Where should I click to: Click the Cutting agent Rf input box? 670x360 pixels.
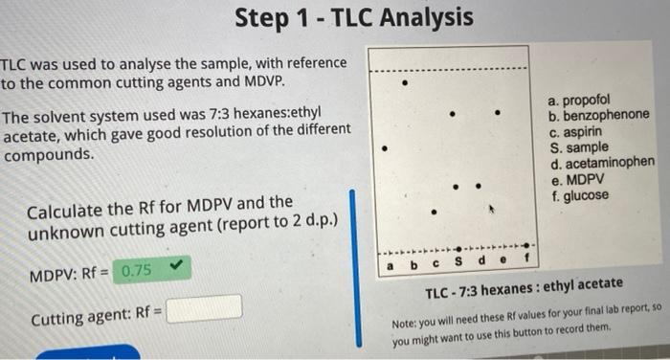204,308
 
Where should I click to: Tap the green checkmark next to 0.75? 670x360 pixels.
173,267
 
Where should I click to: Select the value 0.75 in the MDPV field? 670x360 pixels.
137,270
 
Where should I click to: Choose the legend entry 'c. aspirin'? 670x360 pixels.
579,132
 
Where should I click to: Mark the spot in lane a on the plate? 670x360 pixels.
384,149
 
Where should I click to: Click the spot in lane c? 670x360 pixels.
433,213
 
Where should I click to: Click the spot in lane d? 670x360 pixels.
477,186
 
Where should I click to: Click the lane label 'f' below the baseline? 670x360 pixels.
525,259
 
